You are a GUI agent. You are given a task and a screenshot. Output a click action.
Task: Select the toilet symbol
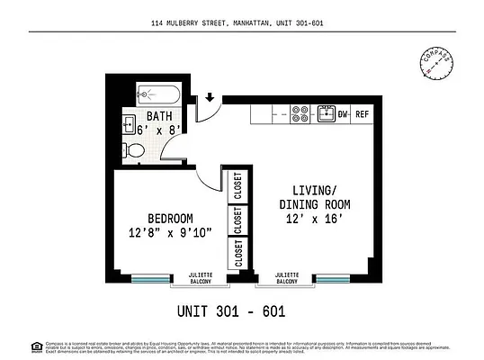tap(131, 149)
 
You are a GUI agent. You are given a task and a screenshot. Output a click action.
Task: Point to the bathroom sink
tap(129, 123)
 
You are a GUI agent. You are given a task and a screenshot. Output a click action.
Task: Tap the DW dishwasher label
tap(343, 114)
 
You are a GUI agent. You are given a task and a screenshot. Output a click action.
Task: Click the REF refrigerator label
tap(362, 114)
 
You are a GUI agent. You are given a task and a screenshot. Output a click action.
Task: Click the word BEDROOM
tap(169, 218)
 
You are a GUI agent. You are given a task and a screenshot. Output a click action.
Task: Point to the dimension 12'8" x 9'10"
tap(169, 233)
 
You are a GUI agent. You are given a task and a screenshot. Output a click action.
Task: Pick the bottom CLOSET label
tap(238, 253)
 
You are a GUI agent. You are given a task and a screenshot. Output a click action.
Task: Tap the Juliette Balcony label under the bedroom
tap(200, 278)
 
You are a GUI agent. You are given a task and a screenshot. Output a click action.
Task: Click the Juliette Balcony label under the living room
tap(286, 278)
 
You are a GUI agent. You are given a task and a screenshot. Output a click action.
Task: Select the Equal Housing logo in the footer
tap(36, 346)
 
